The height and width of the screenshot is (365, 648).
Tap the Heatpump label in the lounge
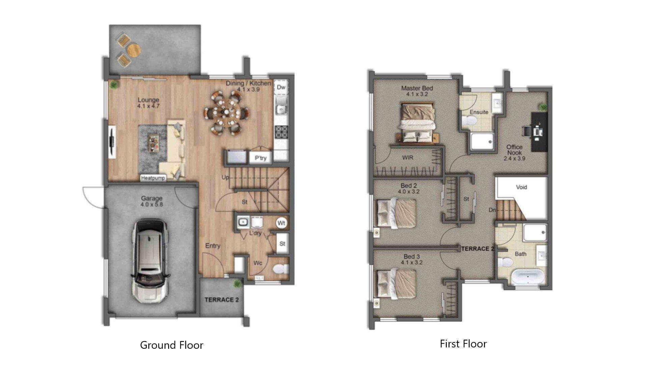click(x=153, y=178)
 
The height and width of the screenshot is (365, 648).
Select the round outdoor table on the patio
click(x=134, y=50)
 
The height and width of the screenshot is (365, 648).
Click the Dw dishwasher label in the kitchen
click(x=281, y=88)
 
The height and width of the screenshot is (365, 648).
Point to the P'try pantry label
click(x=261, y=158)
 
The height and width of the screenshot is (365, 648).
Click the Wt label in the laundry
click(x=281, y=223)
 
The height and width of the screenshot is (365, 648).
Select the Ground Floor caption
click(x=171, y=345)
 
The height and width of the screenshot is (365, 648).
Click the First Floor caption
click(x=463, y=344)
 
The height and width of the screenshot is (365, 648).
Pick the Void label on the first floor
click(x=521, y=187)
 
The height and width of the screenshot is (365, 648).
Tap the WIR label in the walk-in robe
click(x=408, y=157)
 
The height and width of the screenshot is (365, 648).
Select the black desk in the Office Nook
click(x=539, y=131)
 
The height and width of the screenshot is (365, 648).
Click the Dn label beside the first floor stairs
click(x=492, y=210)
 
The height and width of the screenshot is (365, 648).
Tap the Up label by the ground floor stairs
click(x=225, y=177)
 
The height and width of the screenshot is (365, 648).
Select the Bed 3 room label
click(x=412, y=257)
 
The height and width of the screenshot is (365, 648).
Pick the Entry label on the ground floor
click(x=213, y=246)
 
